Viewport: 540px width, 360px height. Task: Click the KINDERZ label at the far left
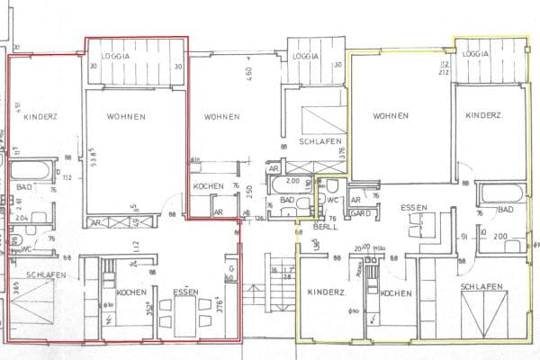[40, 116]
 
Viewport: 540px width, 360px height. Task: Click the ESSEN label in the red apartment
[186, 292]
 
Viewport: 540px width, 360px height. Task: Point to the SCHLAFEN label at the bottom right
[481, 287]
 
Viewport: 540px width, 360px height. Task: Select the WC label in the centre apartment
[331, 200]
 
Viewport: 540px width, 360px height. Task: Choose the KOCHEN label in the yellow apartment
[396, 294]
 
